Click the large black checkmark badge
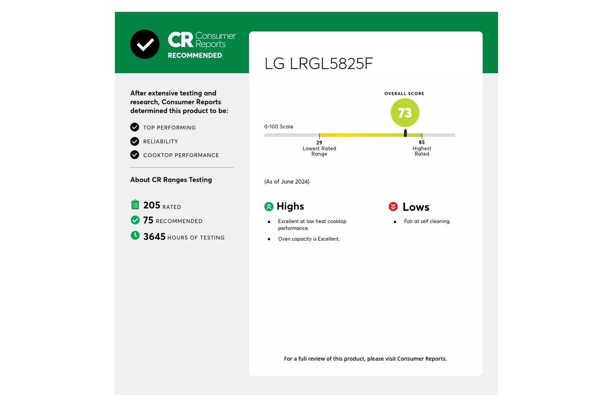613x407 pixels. click(x=145, y=45)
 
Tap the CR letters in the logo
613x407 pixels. click(x=180, y=40)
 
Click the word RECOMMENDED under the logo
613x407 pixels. click(x=195, y=55)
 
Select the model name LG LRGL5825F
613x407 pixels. click(x=318, y=63)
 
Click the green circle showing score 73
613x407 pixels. click(x=405, y=113)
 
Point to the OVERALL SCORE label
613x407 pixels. click(x=404, y=94)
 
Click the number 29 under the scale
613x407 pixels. click(x=319, y=143)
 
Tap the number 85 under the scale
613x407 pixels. click(x=422, y=142)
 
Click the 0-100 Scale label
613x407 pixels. click(x=279, y=127)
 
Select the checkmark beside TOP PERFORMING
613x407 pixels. click(x=134, y=127)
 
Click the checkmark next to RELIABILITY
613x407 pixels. click(x=134, y=141)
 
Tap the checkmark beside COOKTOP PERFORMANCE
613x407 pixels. click(x=134, y=154)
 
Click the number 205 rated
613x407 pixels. click(x=152, y=205)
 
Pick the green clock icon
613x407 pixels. click(x=135, y=235)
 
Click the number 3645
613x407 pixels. click(x=154, y=237)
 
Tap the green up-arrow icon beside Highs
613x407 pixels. click(x=269, y=206)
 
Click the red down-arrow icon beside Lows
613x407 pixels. click(x=393, y=206)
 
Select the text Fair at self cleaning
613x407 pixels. click(x=427, y=221)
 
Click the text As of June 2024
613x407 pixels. click(x=287, y=182)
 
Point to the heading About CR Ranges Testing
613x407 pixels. click(x=171, y=180)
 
